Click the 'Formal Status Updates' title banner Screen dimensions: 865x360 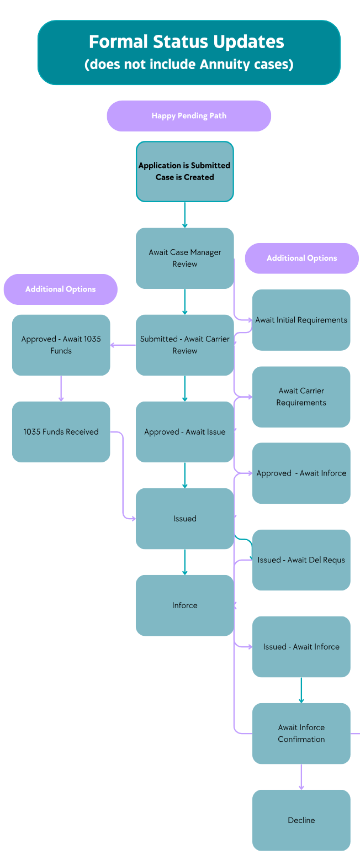point(189,52)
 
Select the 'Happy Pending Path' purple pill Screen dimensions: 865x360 point(189,116)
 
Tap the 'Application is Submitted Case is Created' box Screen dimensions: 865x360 point(184,171)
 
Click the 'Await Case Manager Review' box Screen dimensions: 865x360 point(184,258)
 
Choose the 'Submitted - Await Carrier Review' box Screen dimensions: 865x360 point(184,345)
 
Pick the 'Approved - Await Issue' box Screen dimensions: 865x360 point(184,431)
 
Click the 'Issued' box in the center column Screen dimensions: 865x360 point(184,518)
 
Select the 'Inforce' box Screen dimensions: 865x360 point(184,605)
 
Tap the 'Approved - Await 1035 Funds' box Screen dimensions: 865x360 point(61,345)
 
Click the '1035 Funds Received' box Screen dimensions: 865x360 point(61,431)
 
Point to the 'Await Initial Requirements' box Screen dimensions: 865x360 point(301,320)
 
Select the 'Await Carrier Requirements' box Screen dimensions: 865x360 point(301,397)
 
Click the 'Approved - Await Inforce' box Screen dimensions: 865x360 point(301,473)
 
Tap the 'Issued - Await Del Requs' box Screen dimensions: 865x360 point(301,560)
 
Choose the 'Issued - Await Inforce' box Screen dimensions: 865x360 point(301,646)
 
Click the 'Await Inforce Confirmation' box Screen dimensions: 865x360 point(301,733)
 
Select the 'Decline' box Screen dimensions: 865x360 point(301,820)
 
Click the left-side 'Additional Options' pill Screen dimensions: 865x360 point(61,289)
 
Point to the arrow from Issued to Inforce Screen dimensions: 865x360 point(184,562)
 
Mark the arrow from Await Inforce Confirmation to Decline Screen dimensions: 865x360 point(301,777)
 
